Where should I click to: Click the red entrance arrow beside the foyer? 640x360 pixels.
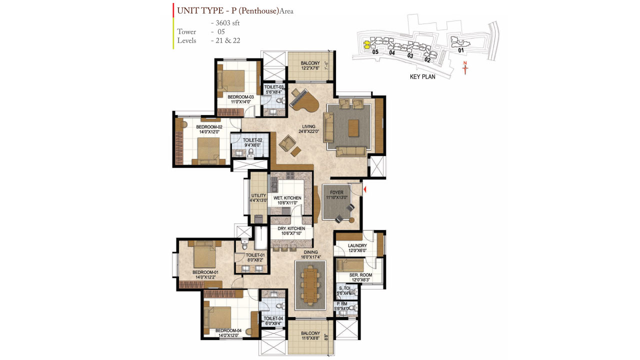click(365, 189)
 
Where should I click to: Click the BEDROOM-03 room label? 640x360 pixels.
click(240, 97)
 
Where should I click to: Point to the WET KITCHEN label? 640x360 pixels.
click(285, 198)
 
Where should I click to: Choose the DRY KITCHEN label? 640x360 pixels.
click(291, 228)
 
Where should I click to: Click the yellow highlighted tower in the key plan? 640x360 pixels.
click(366, 43)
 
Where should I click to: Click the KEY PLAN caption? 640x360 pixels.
click(422, 77)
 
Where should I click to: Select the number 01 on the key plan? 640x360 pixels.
click(460, 50)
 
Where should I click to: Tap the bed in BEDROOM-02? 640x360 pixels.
click(207, 148)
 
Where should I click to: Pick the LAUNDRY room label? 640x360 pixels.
click(357, 245)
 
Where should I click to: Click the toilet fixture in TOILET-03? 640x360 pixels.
click(278, 100)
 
